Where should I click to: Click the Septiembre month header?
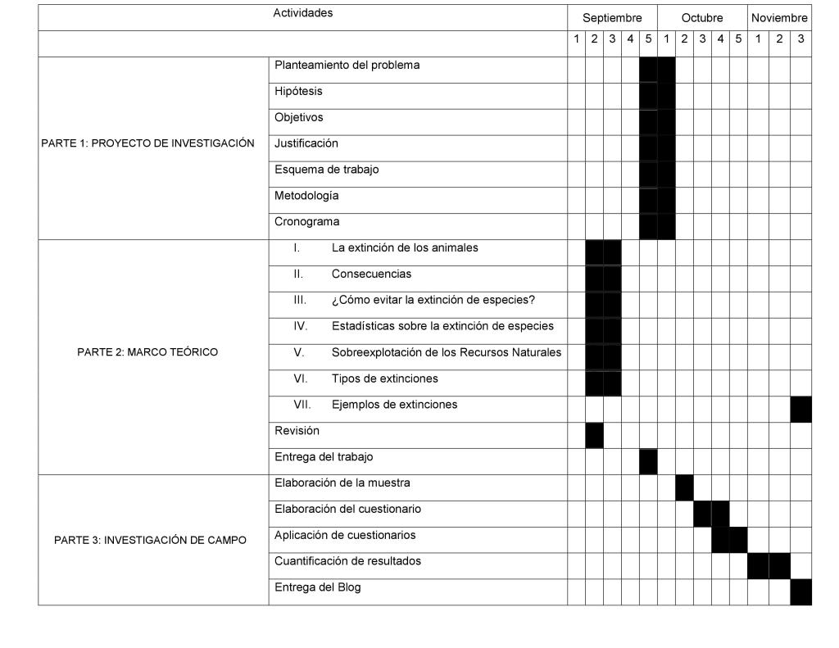click(612, 18)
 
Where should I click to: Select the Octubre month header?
click(702, 18)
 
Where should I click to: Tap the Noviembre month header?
click(779, 18)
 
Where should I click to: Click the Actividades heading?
click(303, 13)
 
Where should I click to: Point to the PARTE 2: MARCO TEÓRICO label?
click(147, 353)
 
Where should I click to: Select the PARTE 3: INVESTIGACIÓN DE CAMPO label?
click(150, 541)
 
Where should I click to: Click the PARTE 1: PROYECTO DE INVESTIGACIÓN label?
click(147, 143)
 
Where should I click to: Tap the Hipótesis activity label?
click(298, 92)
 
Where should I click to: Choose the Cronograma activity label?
click(306, 222)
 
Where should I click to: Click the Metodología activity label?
click(306, 196)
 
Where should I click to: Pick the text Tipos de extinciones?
click(384, 378)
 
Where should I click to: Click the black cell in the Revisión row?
click(594, 435)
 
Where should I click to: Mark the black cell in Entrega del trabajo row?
click(648, 461)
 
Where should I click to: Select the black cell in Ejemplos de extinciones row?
click(800, 409)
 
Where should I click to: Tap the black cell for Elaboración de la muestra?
click(684, 487)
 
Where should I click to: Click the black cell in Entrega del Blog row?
click(800, 591)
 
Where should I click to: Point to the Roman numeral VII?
click(302, 405)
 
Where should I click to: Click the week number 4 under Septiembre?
click(630, 39)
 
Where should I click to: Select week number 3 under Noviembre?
click(800, 39)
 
